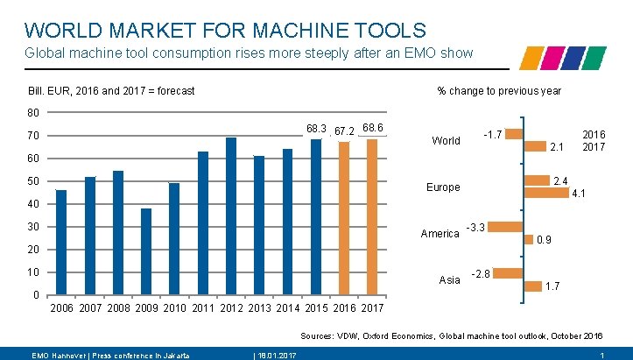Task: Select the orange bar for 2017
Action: pos(372,217)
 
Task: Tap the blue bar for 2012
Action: pos(231,216)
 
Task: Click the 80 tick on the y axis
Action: pos(33,113)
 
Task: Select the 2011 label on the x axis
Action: pos(202,308)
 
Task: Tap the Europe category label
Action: pos(442,187)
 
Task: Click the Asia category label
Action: pos(449,279)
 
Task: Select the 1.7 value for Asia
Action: pos(552,286)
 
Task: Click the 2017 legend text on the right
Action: pos(594,146)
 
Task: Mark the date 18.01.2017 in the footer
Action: pos(274,354)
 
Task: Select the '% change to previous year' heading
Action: pos(499,91)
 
